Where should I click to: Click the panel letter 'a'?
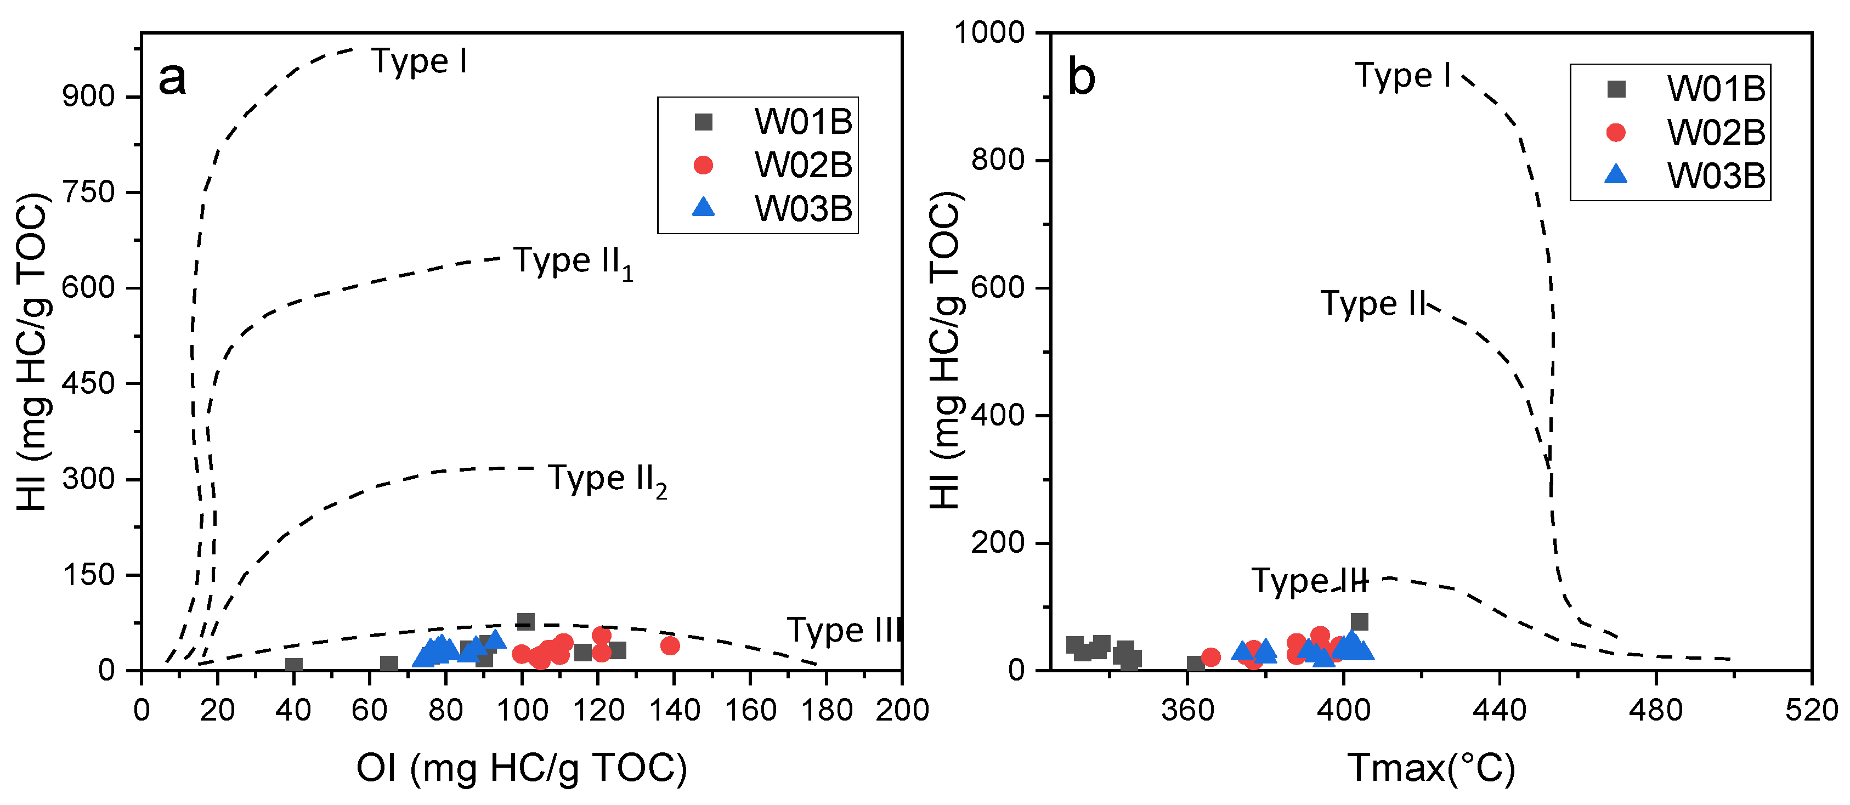(172, 78)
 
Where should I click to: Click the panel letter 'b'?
(1082, 77)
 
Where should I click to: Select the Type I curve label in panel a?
(420, 62)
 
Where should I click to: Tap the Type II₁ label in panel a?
(573, 262)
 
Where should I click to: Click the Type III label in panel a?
(844, 631)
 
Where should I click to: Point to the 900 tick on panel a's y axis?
(88, 96)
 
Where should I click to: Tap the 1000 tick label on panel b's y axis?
(989, 33)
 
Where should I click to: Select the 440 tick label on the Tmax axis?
(1500, 711)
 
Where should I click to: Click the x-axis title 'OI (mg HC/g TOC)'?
(522, 768)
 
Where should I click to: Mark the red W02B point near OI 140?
(669, 645)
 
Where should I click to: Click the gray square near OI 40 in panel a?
(294, 666)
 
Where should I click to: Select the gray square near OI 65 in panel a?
(388, 664)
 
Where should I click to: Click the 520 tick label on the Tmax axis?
(1811, 711)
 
